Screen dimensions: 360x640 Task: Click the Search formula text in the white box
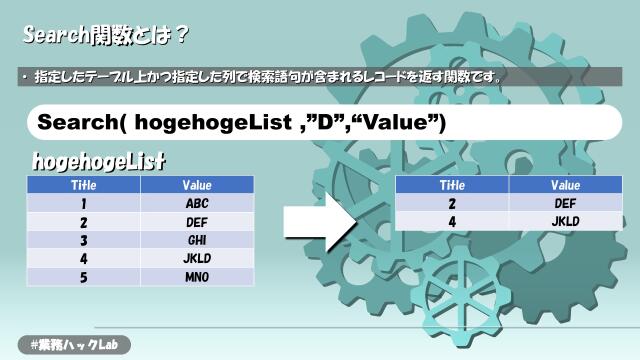tap(240, 121)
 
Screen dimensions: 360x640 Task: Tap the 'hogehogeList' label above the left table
tap(98, 161)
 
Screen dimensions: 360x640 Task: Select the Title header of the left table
tap(83, 185)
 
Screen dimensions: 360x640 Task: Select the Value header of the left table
tap(196, 185)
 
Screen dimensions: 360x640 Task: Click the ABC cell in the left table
tap(196, 203)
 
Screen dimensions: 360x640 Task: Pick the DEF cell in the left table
tap(196, 222)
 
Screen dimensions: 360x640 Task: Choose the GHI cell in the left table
tap(196, 240)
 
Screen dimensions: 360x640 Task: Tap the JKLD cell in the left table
tap(196, 258)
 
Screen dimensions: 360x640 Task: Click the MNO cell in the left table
tap(196, 276)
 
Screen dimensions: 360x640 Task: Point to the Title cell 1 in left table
tap(83, 203)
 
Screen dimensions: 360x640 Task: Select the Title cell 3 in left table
tap(83, 240)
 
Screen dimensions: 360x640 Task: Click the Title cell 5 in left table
tap(83, 276)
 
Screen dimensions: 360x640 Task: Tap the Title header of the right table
tap(453, 185)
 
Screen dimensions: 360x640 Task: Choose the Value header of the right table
tap(566, 185)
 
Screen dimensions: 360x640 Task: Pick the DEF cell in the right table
tap(566, 203)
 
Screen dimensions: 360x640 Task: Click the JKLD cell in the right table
tap(566, 221)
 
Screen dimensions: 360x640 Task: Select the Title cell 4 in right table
tap(453, 221)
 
